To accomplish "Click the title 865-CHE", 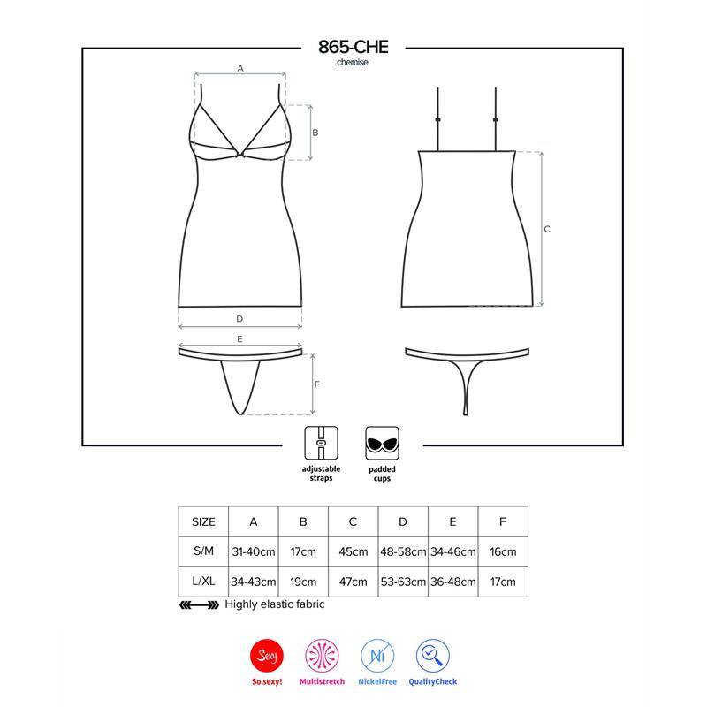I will pyautogui.click(x=352, y=48).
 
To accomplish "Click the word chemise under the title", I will pyautogui.click(x=352, y=64).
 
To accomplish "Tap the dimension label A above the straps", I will pyautogui.click(x=239, y=67).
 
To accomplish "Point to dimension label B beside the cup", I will pyautogui.click(x=315, y=132).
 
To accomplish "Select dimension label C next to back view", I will pyautogui.click(x=547, y=229).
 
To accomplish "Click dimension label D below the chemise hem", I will pyautogui.click(x=239, y=318).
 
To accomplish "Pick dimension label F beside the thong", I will pyautogui.click(x=316, y=384).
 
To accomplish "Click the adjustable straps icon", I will pyautogui.click(x=319, y=441).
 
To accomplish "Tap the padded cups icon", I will pyautogui.click(x=380, y=441).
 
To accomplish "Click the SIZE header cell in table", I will pyautogui.click(x=203, y=521).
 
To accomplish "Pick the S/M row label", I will pyautogui.click(x=203, y=551).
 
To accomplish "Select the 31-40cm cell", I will pyautogui.click(x=253, y=551).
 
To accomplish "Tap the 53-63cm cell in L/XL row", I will pyautogui.click(x=402, y=582).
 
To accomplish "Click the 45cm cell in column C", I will pyautogui.click(x=353, y=551).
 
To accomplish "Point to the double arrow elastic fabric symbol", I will pyautogui.click(x=199, y=605).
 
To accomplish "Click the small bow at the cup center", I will pyautogui.click(x=240, y=157).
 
